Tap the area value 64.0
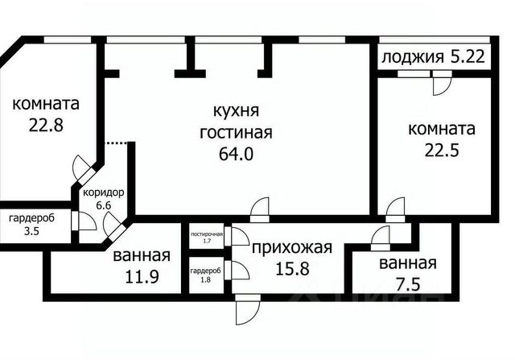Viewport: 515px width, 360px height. pos(237,154)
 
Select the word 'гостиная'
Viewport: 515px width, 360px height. pos(237,132)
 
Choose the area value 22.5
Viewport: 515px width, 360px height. pos(441,148)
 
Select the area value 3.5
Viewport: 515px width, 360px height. pos(23,232)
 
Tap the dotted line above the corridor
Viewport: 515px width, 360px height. pos(117,143)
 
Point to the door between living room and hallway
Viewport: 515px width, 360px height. pos(259,209)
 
